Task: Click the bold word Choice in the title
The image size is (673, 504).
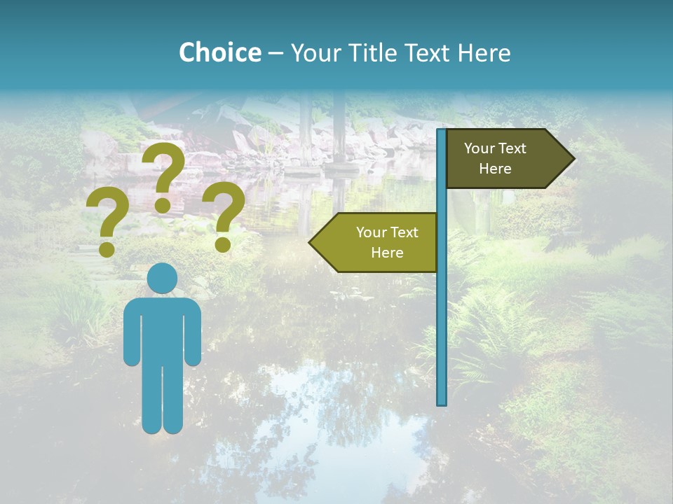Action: click(x=219, y=52)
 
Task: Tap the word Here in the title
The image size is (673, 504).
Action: click(x=484, y=52)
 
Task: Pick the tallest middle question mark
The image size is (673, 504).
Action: click(x=163, y=175)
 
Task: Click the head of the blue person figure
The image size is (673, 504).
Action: click(x=163, y=278)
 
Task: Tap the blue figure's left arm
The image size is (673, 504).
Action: click(x=131, y=332)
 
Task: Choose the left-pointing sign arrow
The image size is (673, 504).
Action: click(x=375, y=242)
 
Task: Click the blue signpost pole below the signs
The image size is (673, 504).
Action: click(x=442, y=336)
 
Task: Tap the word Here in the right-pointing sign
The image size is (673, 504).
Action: click(x=495, y=169)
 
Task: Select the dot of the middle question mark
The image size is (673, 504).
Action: click(x=163, y=205)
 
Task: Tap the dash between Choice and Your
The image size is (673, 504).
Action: click(x=276, y=52)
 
